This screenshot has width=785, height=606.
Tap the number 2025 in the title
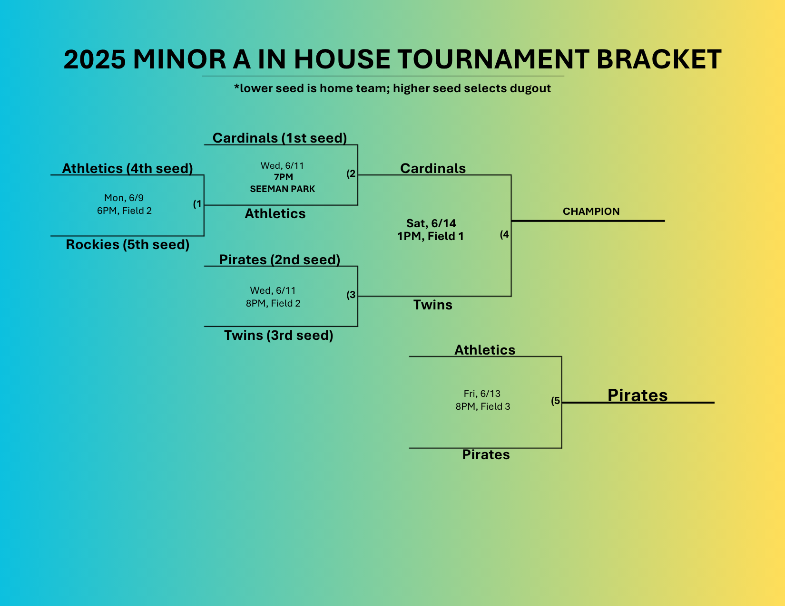(x=95, y=59)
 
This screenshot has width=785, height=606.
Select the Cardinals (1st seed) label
(x=280, y=138)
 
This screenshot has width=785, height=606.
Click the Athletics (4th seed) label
(x=128, y=169)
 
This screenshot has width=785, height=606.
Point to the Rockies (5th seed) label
(x=128, y=245)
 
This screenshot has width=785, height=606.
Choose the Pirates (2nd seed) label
(x=280, y=260)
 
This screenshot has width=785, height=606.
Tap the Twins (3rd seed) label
(x=278, y=336)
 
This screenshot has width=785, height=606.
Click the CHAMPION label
(x=591, y=212)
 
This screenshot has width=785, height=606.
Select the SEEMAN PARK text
(x=283, y=189)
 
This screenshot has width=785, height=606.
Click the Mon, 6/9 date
(x=124, y=198)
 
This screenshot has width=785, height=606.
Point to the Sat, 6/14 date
(x=431, y=223)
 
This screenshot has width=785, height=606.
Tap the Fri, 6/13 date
(x=482, y=394)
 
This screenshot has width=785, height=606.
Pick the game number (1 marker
(x=197, y=204)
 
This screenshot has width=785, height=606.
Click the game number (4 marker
(x=504, y=235)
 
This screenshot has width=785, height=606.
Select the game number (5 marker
(x=556, y=401)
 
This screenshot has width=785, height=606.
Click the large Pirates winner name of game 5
(x=637, y=395)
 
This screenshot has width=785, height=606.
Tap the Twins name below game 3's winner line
(x=433, y=305)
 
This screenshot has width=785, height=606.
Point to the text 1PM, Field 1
(x=430, y=236)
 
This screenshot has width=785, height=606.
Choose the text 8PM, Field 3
(x=482, y=406)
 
